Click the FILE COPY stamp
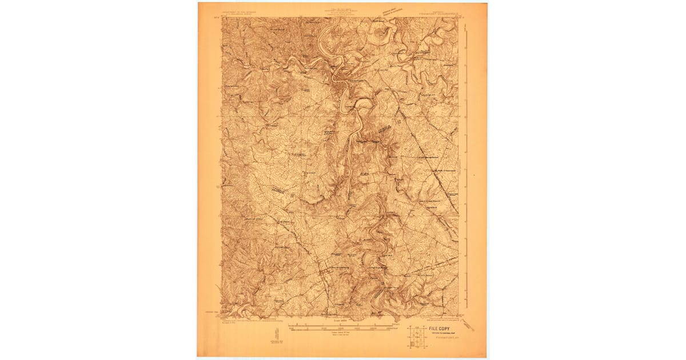pyautogui.click(x=434, y=329)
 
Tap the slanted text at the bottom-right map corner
pyautogui.click(x=466, y=325)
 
